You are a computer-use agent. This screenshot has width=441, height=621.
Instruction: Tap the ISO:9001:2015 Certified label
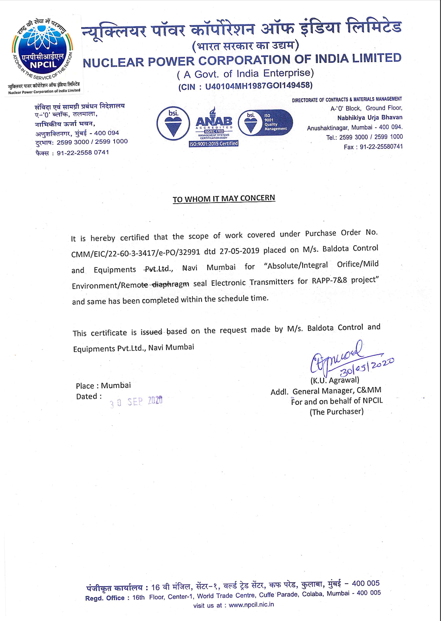(214, 144)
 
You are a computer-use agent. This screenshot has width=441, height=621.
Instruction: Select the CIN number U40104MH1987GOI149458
(259, 86)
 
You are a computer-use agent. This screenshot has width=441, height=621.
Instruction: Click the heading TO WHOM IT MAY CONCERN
(224, 199)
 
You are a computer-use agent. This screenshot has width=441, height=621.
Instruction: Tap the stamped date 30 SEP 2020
(136, 402)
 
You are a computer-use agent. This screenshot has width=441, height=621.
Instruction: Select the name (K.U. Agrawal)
(335, 380)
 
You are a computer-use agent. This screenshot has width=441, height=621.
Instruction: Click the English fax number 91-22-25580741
(381, 147)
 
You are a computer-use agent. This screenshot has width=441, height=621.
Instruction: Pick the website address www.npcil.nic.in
(251, 605)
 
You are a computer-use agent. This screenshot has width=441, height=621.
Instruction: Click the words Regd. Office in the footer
(105, 598)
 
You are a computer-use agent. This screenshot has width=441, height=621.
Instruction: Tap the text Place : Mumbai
(103, 386)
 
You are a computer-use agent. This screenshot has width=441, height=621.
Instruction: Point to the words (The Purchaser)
(336, 412)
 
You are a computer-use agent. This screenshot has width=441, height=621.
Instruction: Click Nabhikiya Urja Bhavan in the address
(370, 118)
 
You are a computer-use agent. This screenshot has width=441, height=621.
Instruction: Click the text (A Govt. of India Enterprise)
(246, 74)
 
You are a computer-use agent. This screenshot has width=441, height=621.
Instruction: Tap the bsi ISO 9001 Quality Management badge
(265, 122)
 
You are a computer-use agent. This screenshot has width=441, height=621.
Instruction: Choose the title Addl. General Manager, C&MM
(326, 391)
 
